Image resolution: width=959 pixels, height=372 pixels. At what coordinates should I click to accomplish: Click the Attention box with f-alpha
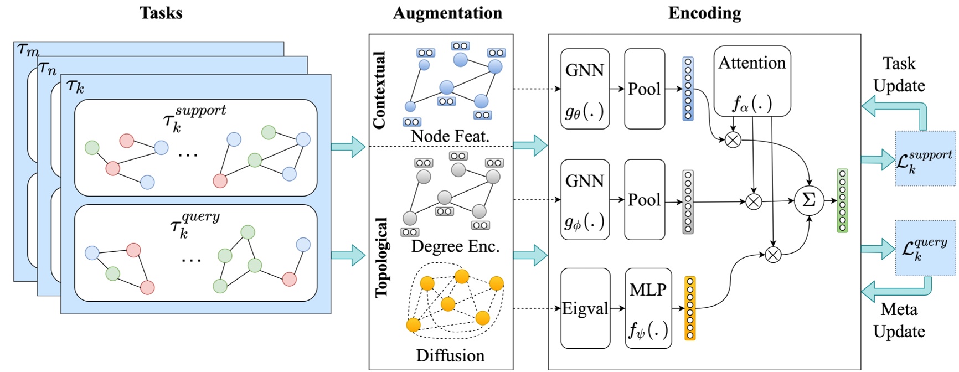tap(752, 81)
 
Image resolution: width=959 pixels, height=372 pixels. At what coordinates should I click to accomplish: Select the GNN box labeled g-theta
tap(585, 89)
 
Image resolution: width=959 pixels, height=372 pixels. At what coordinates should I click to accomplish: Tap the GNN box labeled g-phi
tap(585, 200)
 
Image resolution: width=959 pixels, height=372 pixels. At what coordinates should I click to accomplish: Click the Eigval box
tap(585, 308)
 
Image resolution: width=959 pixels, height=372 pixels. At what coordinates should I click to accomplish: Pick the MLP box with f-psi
tap(648, 308)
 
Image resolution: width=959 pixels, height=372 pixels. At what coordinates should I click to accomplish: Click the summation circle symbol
tap(809, 201)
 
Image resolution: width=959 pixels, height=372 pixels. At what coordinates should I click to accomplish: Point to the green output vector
tap(842, 201)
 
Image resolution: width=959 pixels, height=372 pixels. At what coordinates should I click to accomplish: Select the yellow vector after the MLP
tap(690, 308)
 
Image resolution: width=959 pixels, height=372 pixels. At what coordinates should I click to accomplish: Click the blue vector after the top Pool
tap(688, 89)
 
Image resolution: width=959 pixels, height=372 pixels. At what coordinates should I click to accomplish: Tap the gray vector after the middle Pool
tap(688, 202)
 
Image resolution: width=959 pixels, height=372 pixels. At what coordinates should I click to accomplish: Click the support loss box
tap(925, 159)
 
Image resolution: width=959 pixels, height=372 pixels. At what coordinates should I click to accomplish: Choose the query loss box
tap(925, 248)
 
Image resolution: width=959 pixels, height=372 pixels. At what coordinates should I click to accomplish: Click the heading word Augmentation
tap(447, 13)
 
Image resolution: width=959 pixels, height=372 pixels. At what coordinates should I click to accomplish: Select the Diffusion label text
tap(450, 355)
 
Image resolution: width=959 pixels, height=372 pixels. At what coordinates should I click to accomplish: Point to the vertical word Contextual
tap(380, 90)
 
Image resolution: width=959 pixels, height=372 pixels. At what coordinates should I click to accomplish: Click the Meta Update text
tap(899, 320)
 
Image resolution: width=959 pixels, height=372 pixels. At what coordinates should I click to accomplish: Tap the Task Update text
tap(899, 75)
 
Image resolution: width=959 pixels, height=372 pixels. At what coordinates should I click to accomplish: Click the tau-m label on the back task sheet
tap(28, 50)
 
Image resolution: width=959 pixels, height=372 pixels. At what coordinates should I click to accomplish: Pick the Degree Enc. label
tap(455, 246)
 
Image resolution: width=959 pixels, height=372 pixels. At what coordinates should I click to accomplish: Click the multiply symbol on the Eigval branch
tap(773, 255)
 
